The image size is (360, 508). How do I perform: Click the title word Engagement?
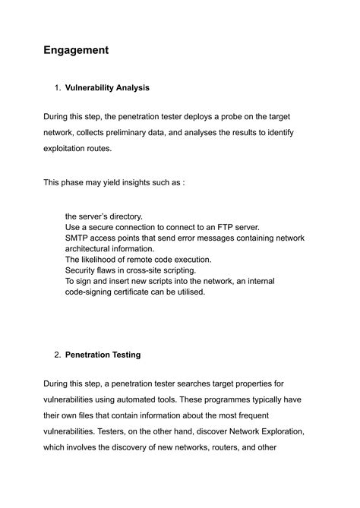(x=76, y=50)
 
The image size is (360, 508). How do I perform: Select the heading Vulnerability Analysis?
(x=107, y=87)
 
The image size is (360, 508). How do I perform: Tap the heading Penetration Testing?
(x=103, y=355)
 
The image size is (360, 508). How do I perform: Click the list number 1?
(x=58, y=87)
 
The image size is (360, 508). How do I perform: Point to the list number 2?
(x=58, y=355)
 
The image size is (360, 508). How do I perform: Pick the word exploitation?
(x=70, y=149)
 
